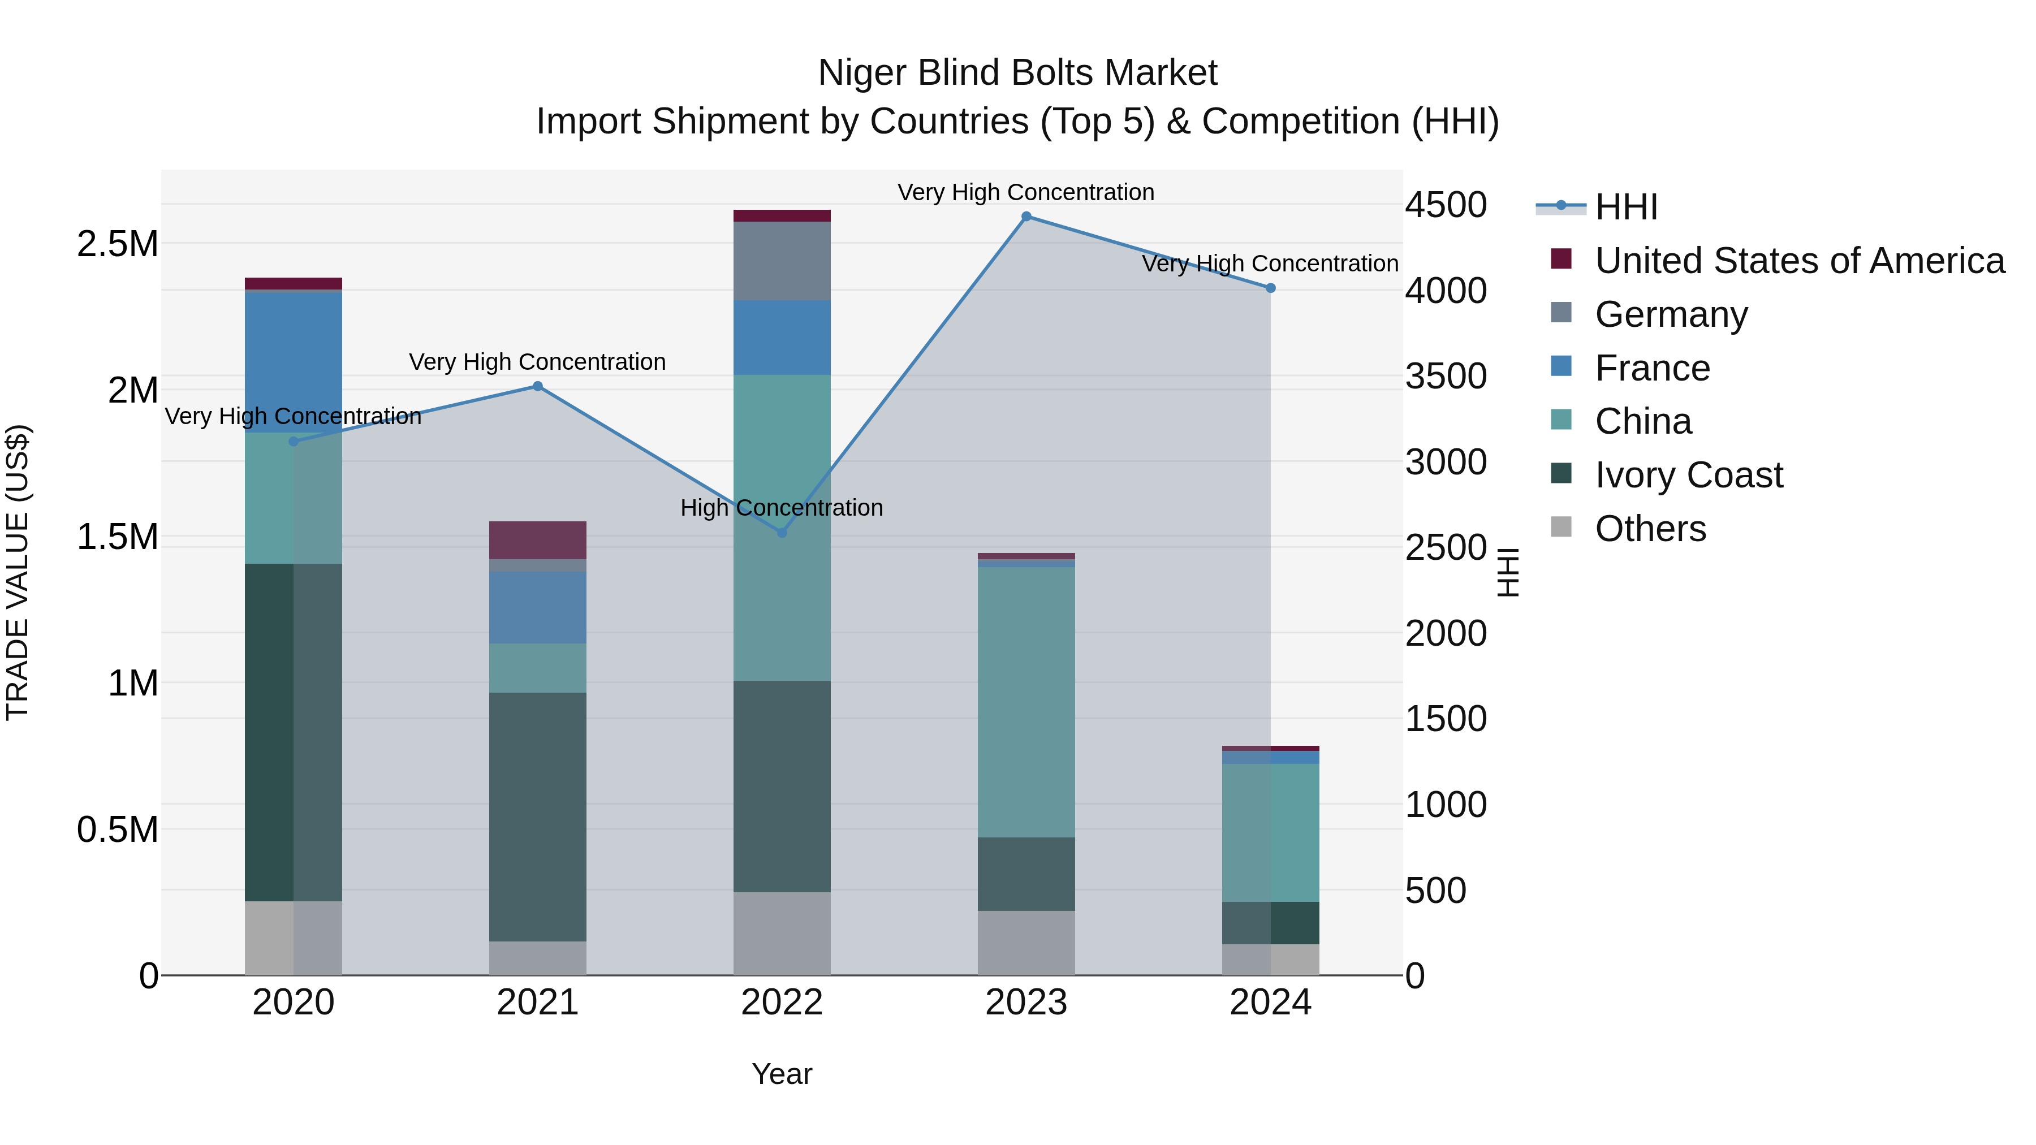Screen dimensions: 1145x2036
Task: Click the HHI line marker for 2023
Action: coord(1026,217)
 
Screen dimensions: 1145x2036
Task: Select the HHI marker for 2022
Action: coord(782,533)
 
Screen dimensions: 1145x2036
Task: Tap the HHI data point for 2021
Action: coord(537,386)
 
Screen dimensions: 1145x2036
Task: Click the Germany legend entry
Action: coord(1671,314)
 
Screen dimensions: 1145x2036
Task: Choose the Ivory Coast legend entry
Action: coord(1688,475)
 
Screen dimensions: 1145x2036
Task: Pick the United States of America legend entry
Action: coord(1799,261)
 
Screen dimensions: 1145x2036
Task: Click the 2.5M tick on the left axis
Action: coord(118,244)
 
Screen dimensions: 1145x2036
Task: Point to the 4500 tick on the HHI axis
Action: coord(1446,205)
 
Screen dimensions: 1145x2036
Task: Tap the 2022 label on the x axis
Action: coord(782,1003)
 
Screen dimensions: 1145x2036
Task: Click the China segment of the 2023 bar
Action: coord(1026,702)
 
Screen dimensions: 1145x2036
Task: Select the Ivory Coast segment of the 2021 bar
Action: coord(537,816)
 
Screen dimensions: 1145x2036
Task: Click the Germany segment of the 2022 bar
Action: coord(782,261)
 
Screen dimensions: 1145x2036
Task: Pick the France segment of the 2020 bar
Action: coord(293,362)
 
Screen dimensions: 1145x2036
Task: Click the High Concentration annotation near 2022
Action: coord(782,508)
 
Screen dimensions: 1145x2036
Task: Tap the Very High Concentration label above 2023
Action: coord(1026,193)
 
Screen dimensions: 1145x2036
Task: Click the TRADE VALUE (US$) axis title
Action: coord(18,572)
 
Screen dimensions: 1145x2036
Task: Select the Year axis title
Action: coord(782,1074)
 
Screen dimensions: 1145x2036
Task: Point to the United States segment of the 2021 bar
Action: coord(537,541)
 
